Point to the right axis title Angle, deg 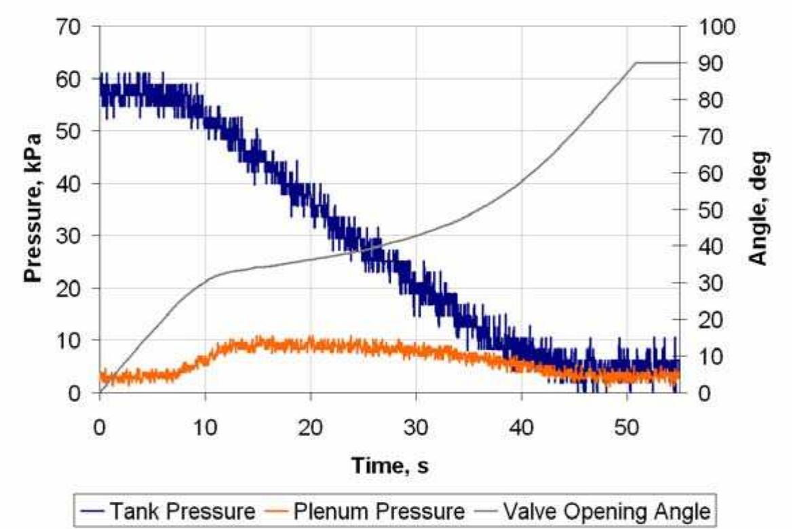click(x=758, y=208)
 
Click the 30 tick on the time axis click(x=416, y=428)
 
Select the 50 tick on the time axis click(x=626, y=428)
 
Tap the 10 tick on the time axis click(x=205, y=428)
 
